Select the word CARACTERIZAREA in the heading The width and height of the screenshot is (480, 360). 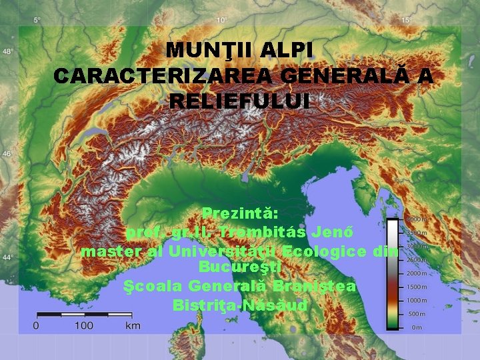[163, 77]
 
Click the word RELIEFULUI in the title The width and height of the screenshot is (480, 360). [240, 102]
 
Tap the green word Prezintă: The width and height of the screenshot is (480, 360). [240, 215]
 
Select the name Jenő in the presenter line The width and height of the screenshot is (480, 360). [337, 233]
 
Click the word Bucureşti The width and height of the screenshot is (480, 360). [240, 267]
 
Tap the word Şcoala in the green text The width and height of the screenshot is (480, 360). [154, 286]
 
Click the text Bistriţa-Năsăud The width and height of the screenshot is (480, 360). [240, 305]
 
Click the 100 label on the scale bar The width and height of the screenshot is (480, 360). [84, 325]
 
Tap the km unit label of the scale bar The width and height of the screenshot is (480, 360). [133, 325]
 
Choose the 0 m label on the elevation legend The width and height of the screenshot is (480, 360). [417, 327]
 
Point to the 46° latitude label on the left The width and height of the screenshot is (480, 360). [7, 154]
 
